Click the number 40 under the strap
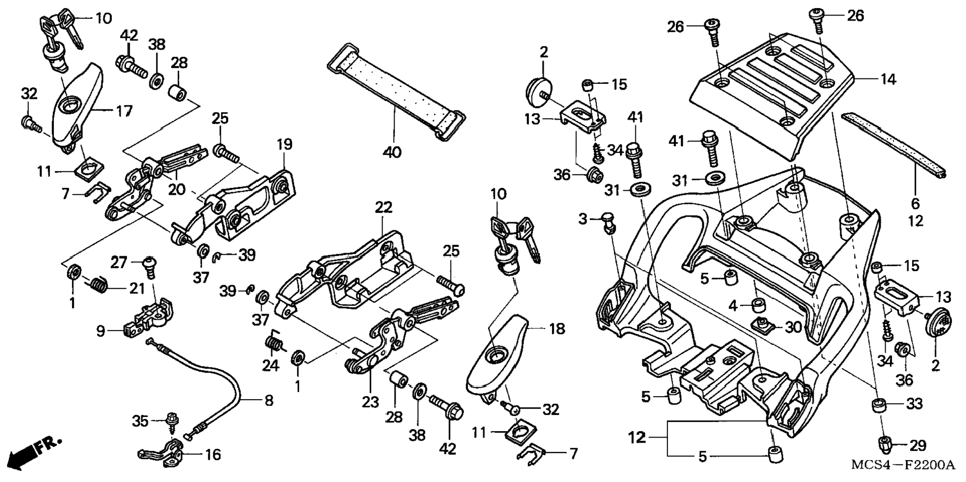point(392,152)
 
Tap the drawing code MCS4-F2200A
point(903,466)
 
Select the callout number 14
point(888,79)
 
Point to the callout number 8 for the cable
point(269,400)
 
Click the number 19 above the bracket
point(284,144)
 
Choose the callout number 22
point(384,207)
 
